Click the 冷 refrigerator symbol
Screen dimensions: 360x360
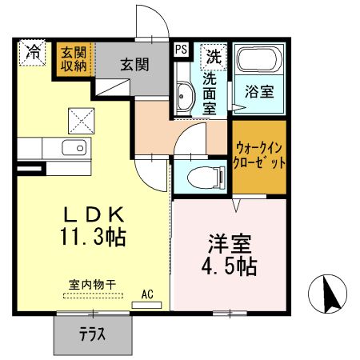pyautogui.click(x=33, y=54)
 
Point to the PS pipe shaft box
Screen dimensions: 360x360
pyautogui.click(x=181, y=49)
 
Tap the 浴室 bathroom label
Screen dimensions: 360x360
pyautogui.click(x=261, y=91)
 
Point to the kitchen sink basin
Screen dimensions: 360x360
pyautogui.click(x=76, y=148)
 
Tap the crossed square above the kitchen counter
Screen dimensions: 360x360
pyautogui.click(x=82, y=121)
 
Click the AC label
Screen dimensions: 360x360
pyautogui.click(x=148, y=294)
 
